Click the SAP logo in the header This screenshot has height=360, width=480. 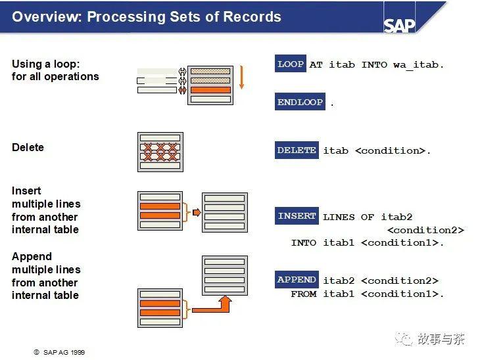400,24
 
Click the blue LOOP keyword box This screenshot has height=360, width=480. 291,64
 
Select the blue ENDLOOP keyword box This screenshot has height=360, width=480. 300,102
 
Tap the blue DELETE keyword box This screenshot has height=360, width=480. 297,150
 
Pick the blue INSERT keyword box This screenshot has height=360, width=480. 297,216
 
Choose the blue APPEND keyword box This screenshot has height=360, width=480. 297,280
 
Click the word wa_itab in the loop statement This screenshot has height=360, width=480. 419,64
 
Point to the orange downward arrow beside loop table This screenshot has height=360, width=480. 241,78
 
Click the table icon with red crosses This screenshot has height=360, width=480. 160,152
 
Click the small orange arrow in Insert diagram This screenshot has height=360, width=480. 194,212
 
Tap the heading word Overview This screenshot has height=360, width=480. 45,16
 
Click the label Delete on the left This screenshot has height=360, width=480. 28,147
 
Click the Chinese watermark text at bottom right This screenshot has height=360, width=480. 441,338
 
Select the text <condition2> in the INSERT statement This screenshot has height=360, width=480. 425,230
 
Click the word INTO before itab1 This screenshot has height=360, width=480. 304,242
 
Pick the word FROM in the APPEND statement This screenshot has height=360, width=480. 304,294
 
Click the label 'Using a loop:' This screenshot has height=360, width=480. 45,64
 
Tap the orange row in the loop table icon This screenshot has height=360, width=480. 210,90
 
